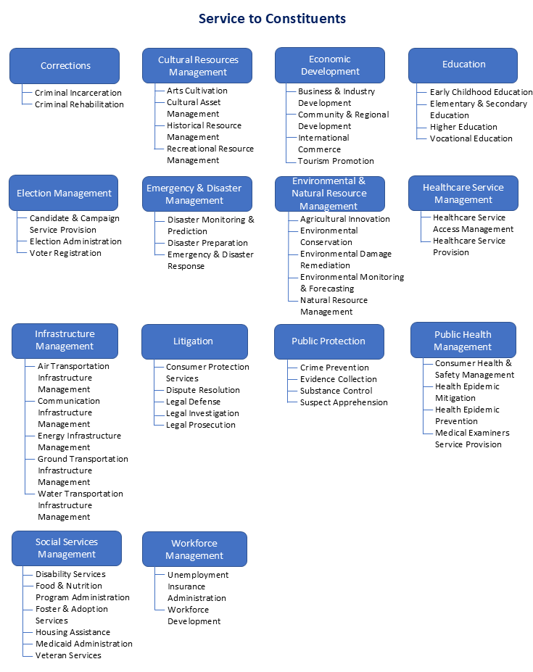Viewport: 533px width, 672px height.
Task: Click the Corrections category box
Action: pos(65,66)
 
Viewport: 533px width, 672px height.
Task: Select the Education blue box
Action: pos(463,65)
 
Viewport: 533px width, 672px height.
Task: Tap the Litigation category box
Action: pos(194,341)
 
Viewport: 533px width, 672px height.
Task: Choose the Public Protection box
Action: pos(329,341)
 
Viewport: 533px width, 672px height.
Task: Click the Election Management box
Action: pos(64,194)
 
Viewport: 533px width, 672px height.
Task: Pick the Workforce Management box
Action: pos(194,549)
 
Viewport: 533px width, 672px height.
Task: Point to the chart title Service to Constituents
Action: pos(273,18)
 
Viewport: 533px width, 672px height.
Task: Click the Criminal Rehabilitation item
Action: pos(79,104)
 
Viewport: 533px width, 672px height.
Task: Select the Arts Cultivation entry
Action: pos(197,91)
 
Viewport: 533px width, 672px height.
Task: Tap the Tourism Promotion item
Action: pos(336,161)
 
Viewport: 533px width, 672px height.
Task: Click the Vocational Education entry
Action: pos(471,138)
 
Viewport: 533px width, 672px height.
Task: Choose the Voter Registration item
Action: pos(65,253)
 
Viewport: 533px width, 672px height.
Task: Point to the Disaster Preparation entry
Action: pos(207,243)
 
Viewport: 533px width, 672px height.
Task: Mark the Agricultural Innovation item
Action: pos(345,219)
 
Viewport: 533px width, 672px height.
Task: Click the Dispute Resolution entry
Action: pos(202,390)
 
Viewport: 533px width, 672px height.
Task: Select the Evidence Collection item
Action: pos(339,379)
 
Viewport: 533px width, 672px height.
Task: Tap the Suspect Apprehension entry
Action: pos(344,402)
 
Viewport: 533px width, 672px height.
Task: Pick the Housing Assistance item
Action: pos(73,632)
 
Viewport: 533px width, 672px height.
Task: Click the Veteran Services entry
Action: pos(68,655)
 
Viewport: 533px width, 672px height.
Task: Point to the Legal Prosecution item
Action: pos(200,425)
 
